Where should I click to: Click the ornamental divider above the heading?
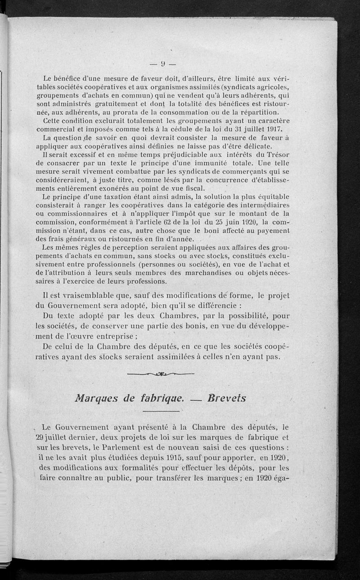[161, 373]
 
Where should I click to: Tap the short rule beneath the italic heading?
[161, 410]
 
